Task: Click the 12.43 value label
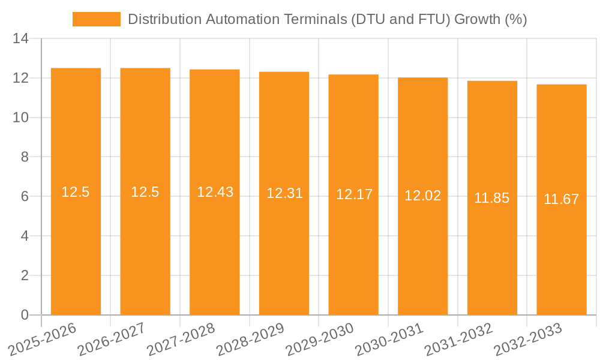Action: (x=215, y=192)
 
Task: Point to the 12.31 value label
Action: (x=284, y=193)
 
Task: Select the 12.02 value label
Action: (x=423, y=196)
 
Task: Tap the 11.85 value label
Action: (x=492, y=198)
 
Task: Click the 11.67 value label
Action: (x=562, y=199)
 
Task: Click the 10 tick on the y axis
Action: (x=20, y=118)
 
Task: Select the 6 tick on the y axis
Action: (x=25, y=197)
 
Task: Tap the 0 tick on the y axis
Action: (x=25, y=315)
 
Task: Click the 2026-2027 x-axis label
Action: (x=111, y=339)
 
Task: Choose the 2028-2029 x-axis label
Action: (x=250, y=339)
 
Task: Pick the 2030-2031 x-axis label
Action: (x=389, y=339)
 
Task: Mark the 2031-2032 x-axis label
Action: (x=458, y=339)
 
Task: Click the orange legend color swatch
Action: (x=96, y=19)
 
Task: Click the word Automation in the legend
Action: (x=239, y=19)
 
